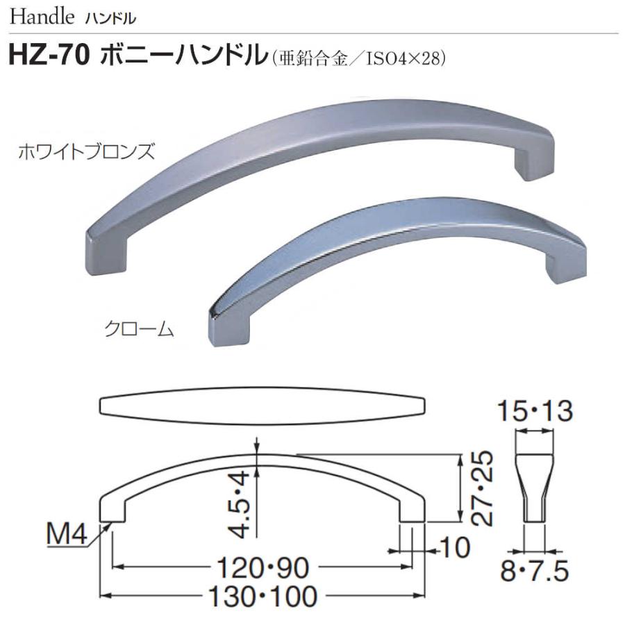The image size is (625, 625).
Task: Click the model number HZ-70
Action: [x=47, y=56]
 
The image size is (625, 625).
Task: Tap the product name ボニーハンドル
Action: [x=183, y=56]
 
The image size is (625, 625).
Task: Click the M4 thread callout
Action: [x=65, y=535]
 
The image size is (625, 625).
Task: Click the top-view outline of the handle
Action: [x=262, y=405]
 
